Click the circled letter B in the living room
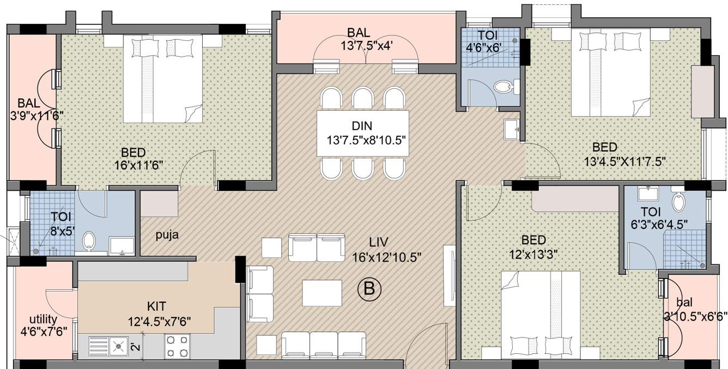click(x=369, y=288)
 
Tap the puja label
click(x=167, y=235)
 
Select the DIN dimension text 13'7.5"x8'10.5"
click(x=366, y=141)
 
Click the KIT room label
click(x=156, y=306)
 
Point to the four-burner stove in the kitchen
click(x=177, y=347)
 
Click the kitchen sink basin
click(x=118, y=347)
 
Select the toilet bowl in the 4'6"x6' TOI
click(x=502, y=87)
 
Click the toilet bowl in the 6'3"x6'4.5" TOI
click(x=678, y=202)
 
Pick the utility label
click(x=43, y=319)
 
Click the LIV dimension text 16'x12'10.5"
click(x=387, y=257)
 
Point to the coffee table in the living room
click(x=322, y=293)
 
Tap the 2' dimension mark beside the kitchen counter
click(x=137, y=347)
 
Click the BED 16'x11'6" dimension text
click(x=138, y=166)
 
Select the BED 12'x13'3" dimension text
click(x=533, y=255)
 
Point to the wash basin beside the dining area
click(x=512, y=129)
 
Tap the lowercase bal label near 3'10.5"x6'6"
click(x=684, y=303)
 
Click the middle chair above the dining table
click(x=362, y=97)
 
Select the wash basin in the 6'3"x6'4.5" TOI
click(x=648, y=193)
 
